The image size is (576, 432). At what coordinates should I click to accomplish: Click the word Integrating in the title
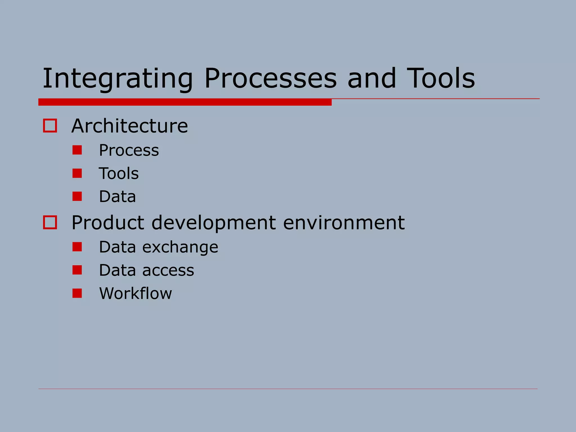pyautogui.click(x=118, y=79)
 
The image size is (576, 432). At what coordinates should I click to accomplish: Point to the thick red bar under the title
pyautogui.click(x=185, y=102)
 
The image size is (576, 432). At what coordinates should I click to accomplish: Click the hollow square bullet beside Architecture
pyautogui.click(x=50, y=125)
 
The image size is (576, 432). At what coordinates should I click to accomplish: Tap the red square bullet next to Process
pyautogui.click(x=77, y=150)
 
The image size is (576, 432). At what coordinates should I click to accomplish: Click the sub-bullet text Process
pyautogui.click(x=129, y=150)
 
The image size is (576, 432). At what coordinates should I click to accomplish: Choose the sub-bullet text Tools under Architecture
pyautogui.click(x=119, y=173)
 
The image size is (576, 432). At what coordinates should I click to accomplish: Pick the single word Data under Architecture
pyautogui.click(x=117, y=196)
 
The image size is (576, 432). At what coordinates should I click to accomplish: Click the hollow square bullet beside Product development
pyautogui.click(x=50, y=222)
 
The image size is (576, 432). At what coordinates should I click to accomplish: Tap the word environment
pyautogui.click(x=344, y=222)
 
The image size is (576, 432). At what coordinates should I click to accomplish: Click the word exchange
pyautogui.click(x=180, y=247)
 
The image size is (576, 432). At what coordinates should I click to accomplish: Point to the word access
pyautogui.click(x=168, y=271)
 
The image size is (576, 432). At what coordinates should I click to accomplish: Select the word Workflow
pyautogui.click(x=136, y=293)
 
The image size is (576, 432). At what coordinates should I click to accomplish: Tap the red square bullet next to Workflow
pyautogui.click(x=77, y=293)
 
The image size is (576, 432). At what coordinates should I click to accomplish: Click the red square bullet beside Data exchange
pyautogui.click(x=77, y=247)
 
